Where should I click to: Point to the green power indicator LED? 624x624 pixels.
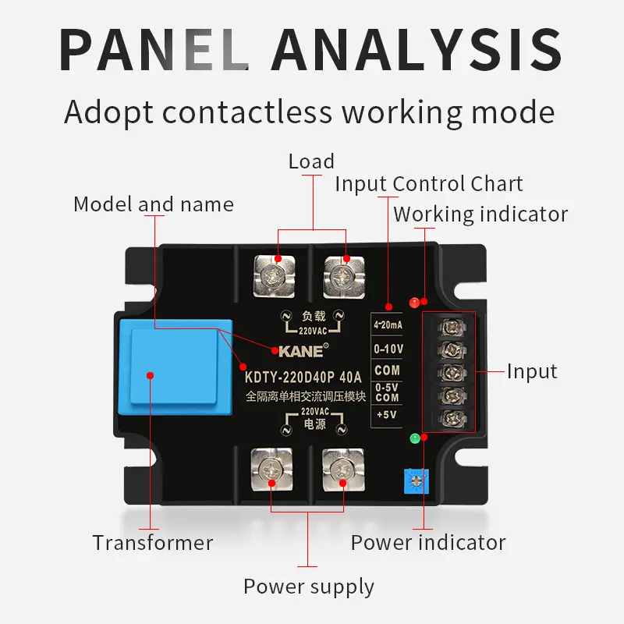click(415, 438)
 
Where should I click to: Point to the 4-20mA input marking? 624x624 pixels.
click(388, 324)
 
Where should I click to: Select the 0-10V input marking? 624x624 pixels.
click(388, 346)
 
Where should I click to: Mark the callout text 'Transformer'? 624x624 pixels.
click(153, 542)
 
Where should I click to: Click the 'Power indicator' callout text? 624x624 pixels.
click(428, 542)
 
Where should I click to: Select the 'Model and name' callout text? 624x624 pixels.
click(154, 204)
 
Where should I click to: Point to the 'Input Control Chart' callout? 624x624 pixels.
click(429, 184)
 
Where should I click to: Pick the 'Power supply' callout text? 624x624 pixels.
click(309, 587)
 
